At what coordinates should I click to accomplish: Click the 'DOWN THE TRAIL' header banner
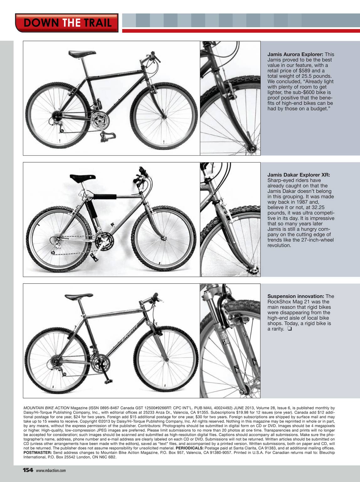coord(67,23)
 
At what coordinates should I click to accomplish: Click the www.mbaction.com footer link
coord(51,470)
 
